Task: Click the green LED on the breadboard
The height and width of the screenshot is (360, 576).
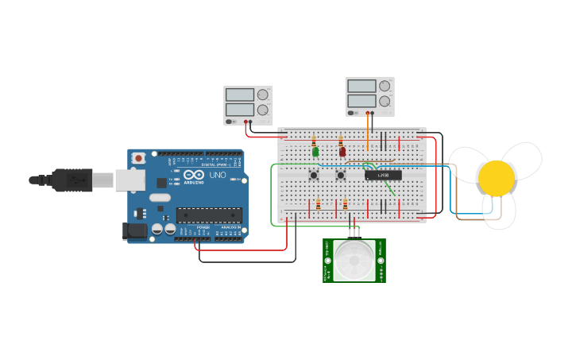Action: (x=315, y=151)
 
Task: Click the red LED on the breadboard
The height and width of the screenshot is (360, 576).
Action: (x=342, y=151)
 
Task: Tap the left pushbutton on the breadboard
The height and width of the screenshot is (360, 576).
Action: (x=314, y=174)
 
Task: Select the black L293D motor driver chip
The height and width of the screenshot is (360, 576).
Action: (x=383, y=175)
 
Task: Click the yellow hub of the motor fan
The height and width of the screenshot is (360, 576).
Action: (x=497, y=178)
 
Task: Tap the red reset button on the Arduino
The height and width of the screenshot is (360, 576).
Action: (x=139, y=158)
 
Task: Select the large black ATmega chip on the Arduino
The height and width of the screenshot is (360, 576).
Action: (x=209, y=215)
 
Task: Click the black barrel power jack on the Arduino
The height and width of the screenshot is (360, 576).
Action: (x=135, y=231)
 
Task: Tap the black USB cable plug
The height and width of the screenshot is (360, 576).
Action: (x=72, y=180)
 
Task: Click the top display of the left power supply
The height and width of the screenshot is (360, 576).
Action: (x=239, y=95)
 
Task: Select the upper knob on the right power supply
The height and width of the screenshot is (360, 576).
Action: (x=385, y=86)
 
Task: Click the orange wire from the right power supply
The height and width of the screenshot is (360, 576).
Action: (x=368, y=131)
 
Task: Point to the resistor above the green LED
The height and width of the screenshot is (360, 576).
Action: (x=314, y=140)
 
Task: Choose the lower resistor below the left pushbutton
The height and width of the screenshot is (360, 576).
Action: (x=318, y=205)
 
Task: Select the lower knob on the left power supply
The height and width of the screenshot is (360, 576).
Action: (x=262, y=110)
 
